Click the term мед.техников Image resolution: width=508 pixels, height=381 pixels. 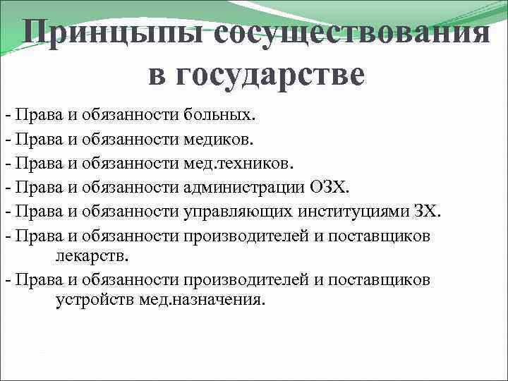pyautogui.click(x=236, y=163)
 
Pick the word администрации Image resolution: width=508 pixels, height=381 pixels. pyautogui.click(x=243, y=188)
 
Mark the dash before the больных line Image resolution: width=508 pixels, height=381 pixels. pyautogui.click(x=7, y=114)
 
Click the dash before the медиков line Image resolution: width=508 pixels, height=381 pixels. pyautogui.click(x=7, y=139)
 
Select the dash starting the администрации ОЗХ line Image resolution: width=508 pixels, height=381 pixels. pyautogui.click(x=7, y=188)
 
